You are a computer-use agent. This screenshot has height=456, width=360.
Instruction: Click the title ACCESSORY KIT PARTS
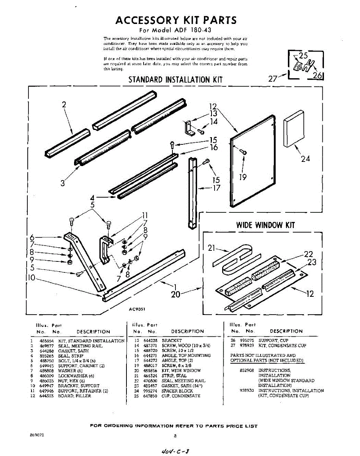pyautogui.click(x=176, y=20)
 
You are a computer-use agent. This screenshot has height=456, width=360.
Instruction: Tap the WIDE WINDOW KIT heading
pyautogui.click(x=265, y=225)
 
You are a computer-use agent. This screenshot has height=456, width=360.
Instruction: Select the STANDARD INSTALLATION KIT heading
pyautogui.click(x=175, y=79)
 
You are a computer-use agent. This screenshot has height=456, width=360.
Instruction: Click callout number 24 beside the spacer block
pyautogui.click(x=305, y=158)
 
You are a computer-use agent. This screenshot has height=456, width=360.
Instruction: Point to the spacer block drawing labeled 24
pyautogui.click(x=294, y=128)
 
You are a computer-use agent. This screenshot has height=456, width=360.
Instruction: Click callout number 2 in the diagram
pyautogui.click(x=64, y=105)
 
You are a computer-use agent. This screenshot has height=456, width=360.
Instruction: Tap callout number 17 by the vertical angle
pyautogui.click(x=216, y=187)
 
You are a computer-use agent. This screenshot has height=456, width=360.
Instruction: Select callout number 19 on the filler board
pyautogui.click(x=243, y=177)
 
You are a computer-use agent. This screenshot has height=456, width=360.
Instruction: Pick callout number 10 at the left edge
pyautogui.click(x=31, y=278)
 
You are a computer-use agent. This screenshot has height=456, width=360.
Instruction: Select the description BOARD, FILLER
pyautogui.click(x=74, y=396)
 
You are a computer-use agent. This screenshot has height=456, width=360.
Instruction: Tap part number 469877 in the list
pyautogui.click(x=46, y=346)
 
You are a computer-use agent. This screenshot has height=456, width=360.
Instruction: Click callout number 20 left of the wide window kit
pyautogui.click(x=175, y=294)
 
